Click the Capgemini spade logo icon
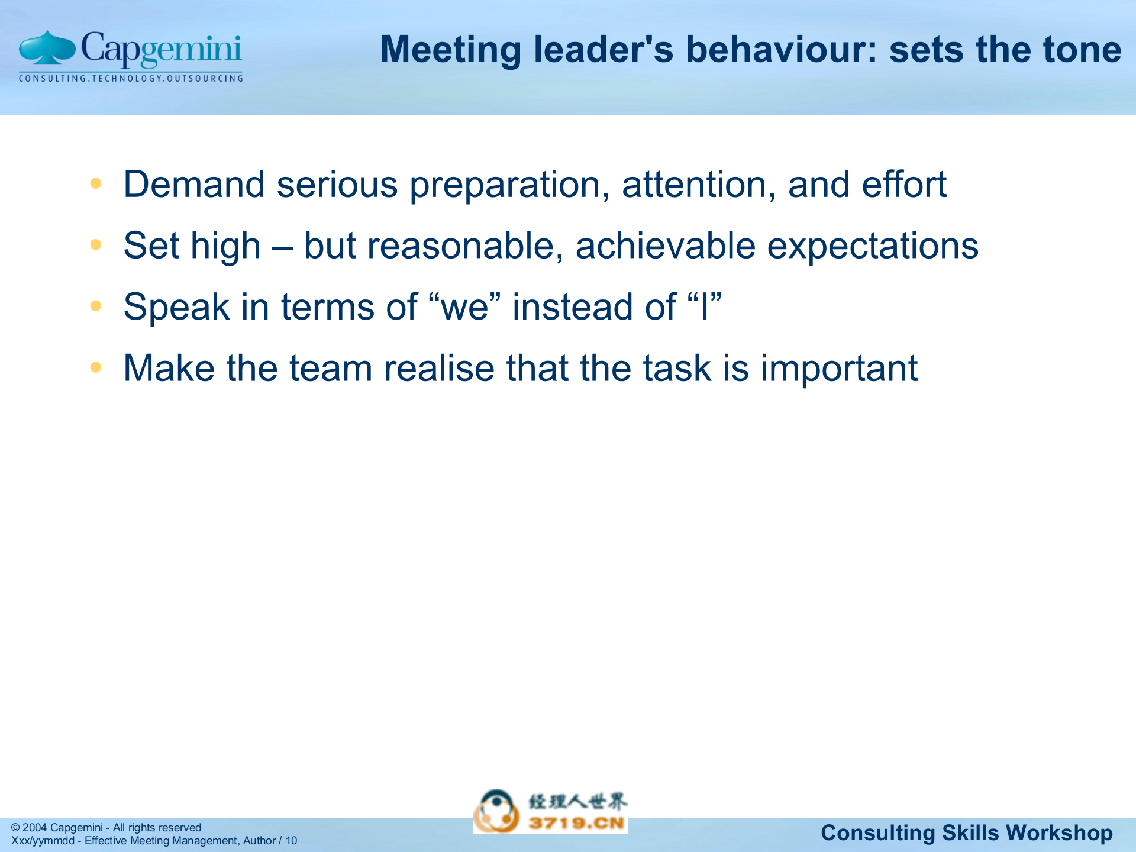[47, 49]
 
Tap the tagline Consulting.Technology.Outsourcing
[131, 78]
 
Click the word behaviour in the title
[782, 49]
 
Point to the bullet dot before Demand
[96, 183]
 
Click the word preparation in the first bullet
[509, 185]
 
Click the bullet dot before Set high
[96, 244]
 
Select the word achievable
[665, 246]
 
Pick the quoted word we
[464, 308]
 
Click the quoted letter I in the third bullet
[704, 307]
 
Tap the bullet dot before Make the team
[96, 367]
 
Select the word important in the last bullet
[838, 369]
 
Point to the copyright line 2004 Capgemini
[106, 827]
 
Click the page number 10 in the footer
[291, 841]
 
